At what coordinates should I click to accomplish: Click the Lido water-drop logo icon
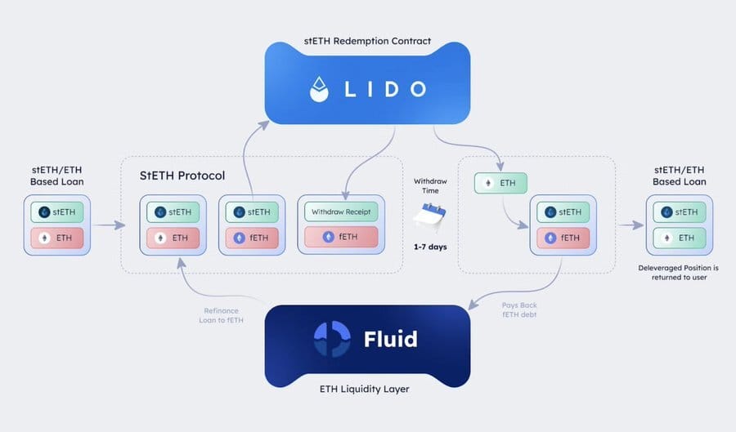pos(319,89)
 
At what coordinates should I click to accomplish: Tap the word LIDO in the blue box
pos(385,89)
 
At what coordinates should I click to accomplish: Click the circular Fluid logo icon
pos(332,339)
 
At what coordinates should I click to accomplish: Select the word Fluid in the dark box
pos(391,339)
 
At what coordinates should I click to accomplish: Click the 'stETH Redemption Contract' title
pos(367,41)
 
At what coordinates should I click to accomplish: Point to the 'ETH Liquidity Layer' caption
pos(364,389)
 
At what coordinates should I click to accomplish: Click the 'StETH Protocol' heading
pos(182,176)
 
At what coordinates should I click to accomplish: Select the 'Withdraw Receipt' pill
pos(341,212)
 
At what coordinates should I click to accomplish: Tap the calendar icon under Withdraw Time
pos(429,217)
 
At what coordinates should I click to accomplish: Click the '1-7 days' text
pos(430,247)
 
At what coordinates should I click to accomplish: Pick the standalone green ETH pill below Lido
pos(500,183)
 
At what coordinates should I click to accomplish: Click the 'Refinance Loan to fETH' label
pos(221,315)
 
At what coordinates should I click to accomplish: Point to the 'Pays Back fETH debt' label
pos(519,310)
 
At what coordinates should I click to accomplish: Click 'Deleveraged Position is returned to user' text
pos(678,272)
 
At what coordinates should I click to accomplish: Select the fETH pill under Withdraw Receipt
pos(341,237)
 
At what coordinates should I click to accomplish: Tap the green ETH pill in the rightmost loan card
pos(680,238)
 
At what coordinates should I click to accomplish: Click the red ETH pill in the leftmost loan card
pos(57,238)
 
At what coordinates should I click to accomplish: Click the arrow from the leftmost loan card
pos(110,225)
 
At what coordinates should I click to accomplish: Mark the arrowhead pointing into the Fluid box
pos(473,305)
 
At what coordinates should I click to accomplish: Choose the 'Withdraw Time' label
pos(430,186)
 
